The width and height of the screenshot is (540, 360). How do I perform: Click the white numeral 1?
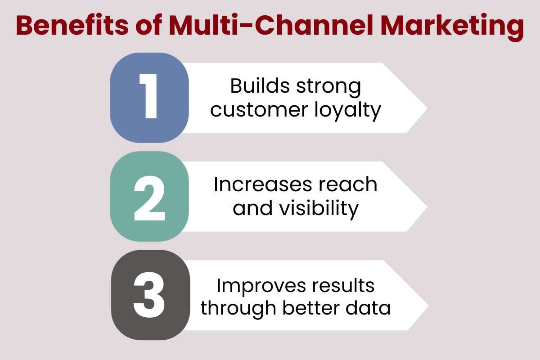click(148, 97)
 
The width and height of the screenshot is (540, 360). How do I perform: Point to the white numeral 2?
click(148, 196)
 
